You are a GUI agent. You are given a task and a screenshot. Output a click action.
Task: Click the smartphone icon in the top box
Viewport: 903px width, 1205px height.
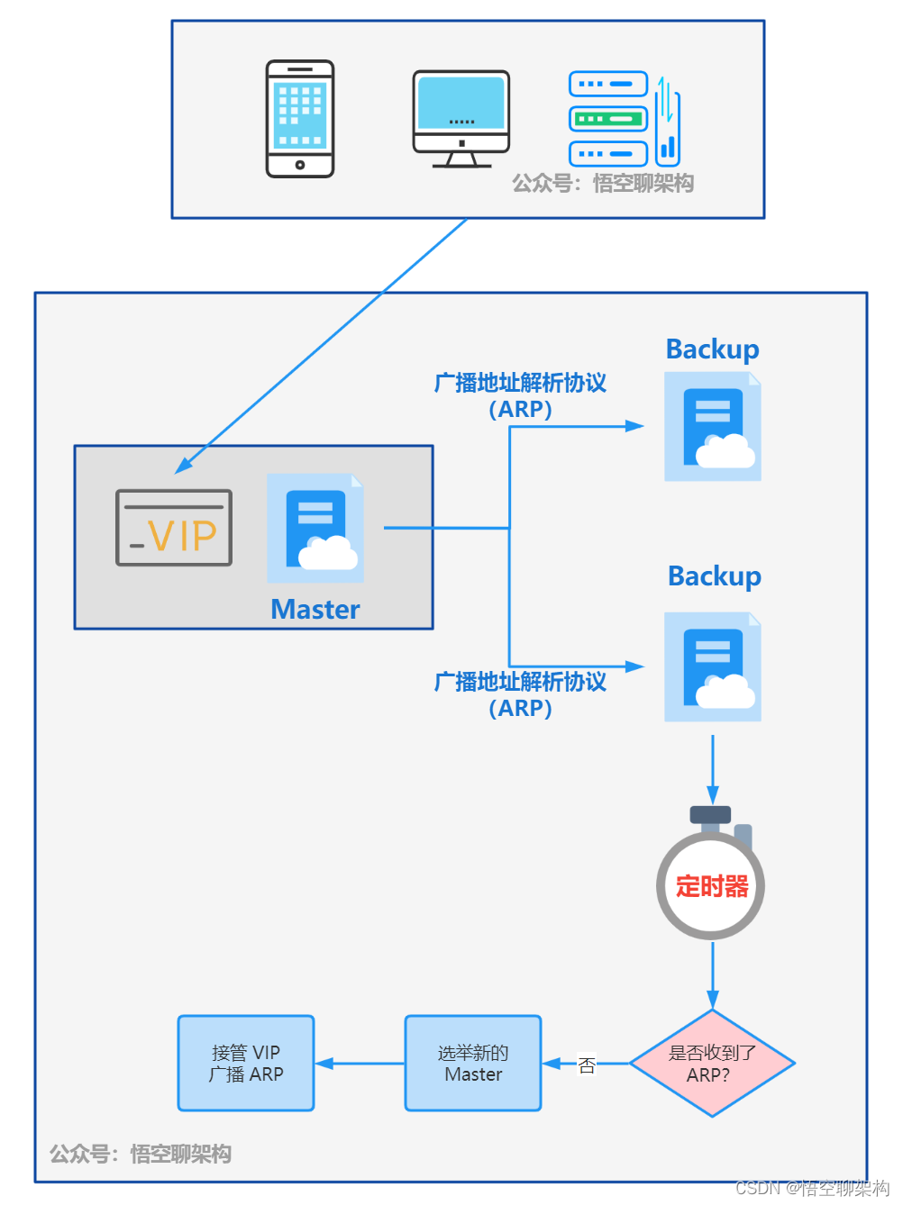(x=300, y=119)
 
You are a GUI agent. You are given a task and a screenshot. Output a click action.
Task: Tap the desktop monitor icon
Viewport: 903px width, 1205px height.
(x=461, y=119)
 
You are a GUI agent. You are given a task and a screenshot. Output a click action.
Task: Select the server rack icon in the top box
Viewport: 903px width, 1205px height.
(x=623, y=120)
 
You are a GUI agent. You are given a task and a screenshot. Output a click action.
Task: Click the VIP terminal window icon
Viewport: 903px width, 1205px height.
(x=174, y=528)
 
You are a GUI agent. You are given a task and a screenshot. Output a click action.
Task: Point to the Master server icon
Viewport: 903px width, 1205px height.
(x=315, y=528)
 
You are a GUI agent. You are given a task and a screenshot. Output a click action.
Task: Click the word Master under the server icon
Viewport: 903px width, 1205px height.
(x=315, y=610)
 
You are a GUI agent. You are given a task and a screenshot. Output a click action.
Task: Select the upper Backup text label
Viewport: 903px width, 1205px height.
(x=712, y=349)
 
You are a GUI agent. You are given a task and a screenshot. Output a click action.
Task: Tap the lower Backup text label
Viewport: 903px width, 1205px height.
(x=714, y=576)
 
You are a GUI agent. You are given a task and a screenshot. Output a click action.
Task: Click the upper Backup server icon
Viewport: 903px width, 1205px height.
(x=713, y=427)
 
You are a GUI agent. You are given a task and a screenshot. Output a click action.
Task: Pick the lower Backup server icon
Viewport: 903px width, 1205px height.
(x=713, y=667)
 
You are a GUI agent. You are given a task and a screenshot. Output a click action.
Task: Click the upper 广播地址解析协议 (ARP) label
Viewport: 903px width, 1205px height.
(x=520, y=395)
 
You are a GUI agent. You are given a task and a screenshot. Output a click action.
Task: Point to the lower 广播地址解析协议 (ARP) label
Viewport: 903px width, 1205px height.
(x=520, y=694)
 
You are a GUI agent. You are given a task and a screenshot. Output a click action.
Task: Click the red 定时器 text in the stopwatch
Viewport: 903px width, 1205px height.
(x=712, y=886)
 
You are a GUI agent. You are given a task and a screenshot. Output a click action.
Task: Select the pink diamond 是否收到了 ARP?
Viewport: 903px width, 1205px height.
(x=712, y=1064)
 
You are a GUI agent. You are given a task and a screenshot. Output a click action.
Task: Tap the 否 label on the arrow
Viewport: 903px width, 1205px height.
(x=587, y=1065)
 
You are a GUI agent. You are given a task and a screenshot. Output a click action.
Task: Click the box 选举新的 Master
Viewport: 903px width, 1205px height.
(x=473, y=1064)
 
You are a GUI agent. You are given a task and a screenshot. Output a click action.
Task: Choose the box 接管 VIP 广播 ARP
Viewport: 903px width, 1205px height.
(x=246, y=1064)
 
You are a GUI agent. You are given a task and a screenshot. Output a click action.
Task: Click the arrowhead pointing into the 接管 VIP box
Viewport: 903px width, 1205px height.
(x=324, y=1064)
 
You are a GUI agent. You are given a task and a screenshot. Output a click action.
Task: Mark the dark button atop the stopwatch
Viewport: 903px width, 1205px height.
(x=710, y=814)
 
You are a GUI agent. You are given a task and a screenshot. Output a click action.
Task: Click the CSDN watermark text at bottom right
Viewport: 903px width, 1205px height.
(x=812, y=1188)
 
